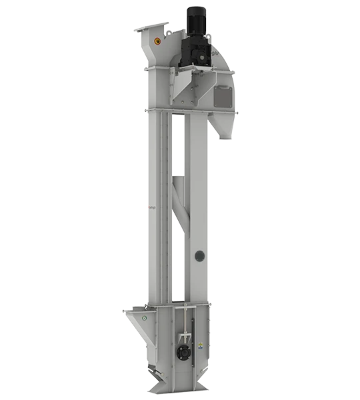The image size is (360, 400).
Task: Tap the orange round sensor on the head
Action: click(157, 40)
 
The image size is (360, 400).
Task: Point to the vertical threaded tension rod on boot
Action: click(185, 330)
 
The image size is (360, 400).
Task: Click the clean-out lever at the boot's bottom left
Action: click(154, 371)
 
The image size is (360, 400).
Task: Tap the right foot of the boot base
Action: click(203, 387)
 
